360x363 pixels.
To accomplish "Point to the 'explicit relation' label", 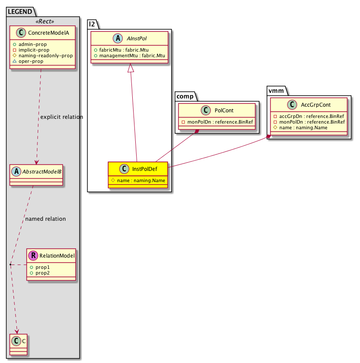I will click(x=61, y=117).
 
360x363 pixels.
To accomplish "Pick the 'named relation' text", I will click(x=45, y=219).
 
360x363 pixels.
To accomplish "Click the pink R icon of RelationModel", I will click(x=33, y=256).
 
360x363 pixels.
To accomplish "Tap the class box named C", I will click(x=20, y=342).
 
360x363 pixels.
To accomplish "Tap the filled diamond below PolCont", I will click(x=198, y=131).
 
